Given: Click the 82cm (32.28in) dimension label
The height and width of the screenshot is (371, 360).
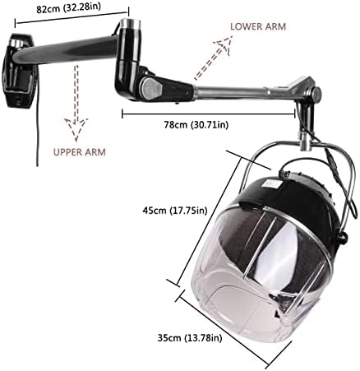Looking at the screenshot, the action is click(68, 8).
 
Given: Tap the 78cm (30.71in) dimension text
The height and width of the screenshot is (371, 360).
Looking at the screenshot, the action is click(196, 125).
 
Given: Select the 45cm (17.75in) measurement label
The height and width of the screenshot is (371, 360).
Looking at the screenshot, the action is click(175, 211).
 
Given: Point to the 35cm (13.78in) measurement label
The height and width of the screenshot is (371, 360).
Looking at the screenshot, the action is click(190, 338).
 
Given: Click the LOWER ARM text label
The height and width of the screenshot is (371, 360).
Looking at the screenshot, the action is click(258, 26).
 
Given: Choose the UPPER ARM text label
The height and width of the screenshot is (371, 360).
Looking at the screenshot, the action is click(80, 152).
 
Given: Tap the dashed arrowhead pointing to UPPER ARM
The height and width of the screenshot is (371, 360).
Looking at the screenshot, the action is click(76, 129).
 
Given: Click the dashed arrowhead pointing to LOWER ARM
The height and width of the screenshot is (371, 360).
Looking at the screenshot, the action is click(224, 44).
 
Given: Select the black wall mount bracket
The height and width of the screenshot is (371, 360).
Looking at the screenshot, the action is click(19, 70).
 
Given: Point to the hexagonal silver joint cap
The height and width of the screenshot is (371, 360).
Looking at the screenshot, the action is click(150, 88).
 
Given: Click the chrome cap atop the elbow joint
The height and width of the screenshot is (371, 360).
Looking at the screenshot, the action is click(131, 24).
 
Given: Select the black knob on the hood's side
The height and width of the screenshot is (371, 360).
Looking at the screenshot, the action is click(343, 237).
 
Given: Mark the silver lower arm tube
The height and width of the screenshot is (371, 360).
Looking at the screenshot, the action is click(233, 90).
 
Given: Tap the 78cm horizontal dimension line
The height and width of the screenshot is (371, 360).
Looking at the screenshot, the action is click(209, 114).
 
